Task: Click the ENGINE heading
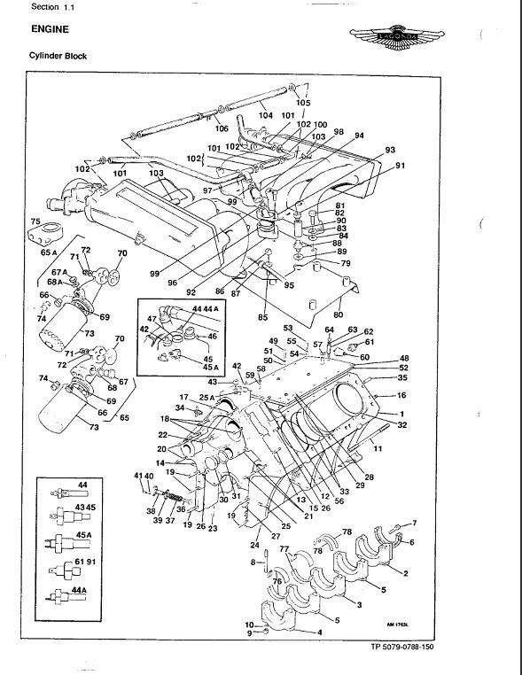pos(51,28)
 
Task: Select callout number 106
pos(221,128)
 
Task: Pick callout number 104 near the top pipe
pos(265,115)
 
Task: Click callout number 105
pos(303,103)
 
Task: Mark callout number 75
pos(36,221)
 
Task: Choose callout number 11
pos(378,450)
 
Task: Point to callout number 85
pos(263,316)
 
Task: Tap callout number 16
pos(401,396)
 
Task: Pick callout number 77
pos(284,549)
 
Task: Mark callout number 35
pos(401,377)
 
